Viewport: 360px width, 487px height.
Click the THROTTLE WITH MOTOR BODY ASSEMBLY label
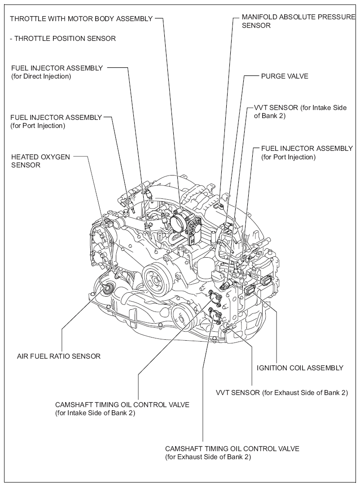(x=81, y=19)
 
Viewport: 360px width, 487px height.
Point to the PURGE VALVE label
(x=285, y=76)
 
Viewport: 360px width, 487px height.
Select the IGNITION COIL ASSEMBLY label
(x=300, y=368)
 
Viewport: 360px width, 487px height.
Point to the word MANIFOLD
(x=259, y=18)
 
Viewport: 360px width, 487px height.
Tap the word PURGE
(x=272, y=76)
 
